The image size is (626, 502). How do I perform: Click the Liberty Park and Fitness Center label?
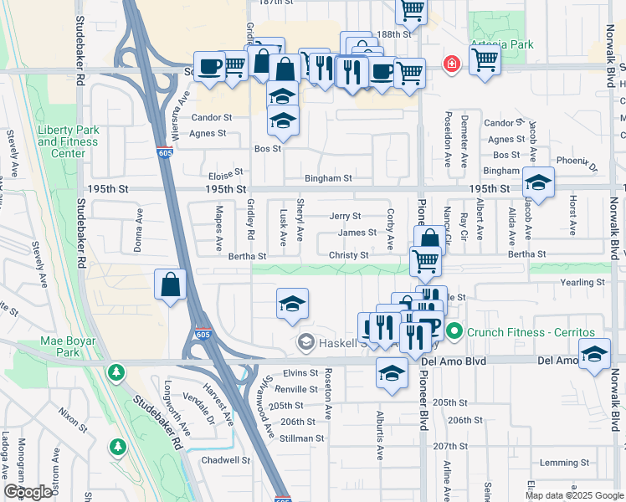pyautogui.click(x=68, y=141)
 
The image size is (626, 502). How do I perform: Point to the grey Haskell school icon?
pyautogui.click(x=305, y=341)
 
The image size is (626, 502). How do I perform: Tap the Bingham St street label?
pyautogui.click(x=328, y=178)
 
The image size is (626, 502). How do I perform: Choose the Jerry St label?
pyautogui.click(x=345, y=217)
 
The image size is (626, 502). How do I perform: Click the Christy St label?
pyautogui.click(x=348, y=255)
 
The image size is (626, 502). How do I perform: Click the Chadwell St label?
pyautogui.click(x=226, y=460)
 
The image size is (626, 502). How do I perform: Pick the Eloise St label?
pyautogui.click(x=225, y=177)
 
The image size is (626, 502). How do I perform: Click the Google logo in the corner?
pyautogui.click(x=28, y=492)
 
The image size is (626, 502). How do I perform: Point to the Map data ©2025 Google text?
pyautogui.click(x=573, y=495)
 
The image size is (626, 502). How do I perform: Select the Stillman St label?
pyautogui.click(x=301, y=438)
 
